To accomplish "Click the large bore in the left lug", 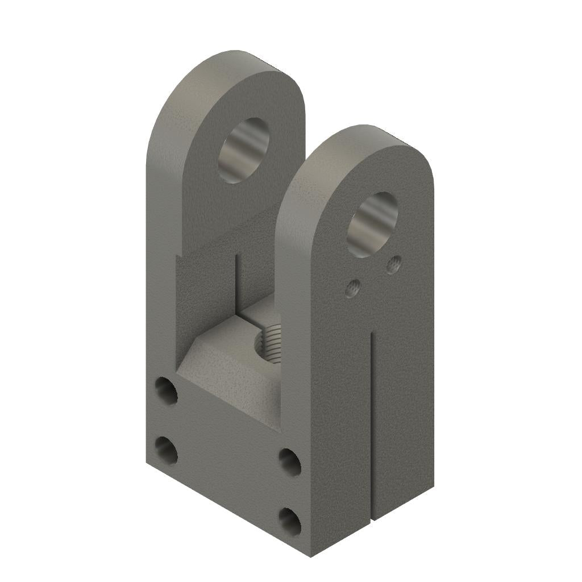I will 244,151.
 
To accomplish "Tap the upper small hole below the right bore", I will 393,264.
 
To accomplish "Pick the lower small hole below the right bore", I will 354,289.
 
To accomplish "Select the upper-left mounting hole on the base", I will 166,391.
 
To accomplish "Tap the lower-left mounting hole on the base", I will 166,450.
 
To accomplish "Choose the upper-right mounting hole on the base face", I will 290,462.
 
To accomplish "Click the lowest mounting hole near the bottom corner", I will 290,521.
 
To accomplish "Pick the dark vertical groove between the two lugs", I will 236,284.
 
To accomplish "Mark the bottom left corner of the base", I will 147,463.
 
